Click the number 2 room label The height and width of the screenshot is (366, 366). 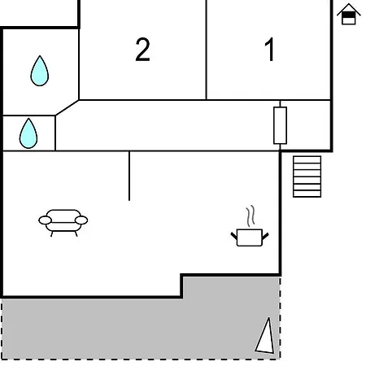click(142, 50)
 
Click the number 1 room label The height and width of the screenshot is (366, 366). click(269, 50)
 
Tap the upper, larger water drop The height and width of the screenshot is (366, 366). click(40, 71)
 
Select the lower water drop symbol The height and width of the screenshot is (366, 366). click(28, 133)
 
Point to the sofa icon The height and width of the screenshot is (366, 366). click(63, 223)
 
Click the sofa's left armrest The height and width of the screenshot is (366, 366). click(45, 220)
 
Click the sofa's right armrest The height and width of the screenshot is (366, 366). click(81, 220)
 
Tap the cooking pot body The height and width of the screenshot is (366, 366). click(250, 237)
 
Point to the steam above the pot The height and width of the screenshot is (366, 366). click(251, 216)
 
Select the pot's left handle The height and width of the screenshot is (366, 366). click(234, 236)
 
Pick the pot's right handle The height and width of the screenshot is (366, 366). click(265, 237)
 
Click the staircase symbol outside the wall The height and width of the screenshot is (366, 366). click(307, 176)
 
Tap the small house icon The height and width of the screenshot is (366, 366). click(349, 14)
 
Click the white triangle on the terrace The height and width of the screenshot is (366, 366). click(265, 336)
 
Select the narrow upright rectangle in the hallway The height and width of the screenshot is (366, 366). click(280, 125)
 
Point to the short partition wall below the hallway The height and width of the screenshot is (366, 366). click(129, 176)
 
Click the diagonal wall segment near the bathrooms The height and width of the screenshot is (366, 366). click(67, 108)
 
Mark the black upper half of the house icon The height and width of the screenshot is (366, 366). click(349, 15)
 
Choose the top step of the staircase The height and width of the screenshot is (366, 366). click(307, 159)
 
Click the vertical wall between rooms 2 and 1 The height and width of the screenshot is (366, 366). click(207, 50)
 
